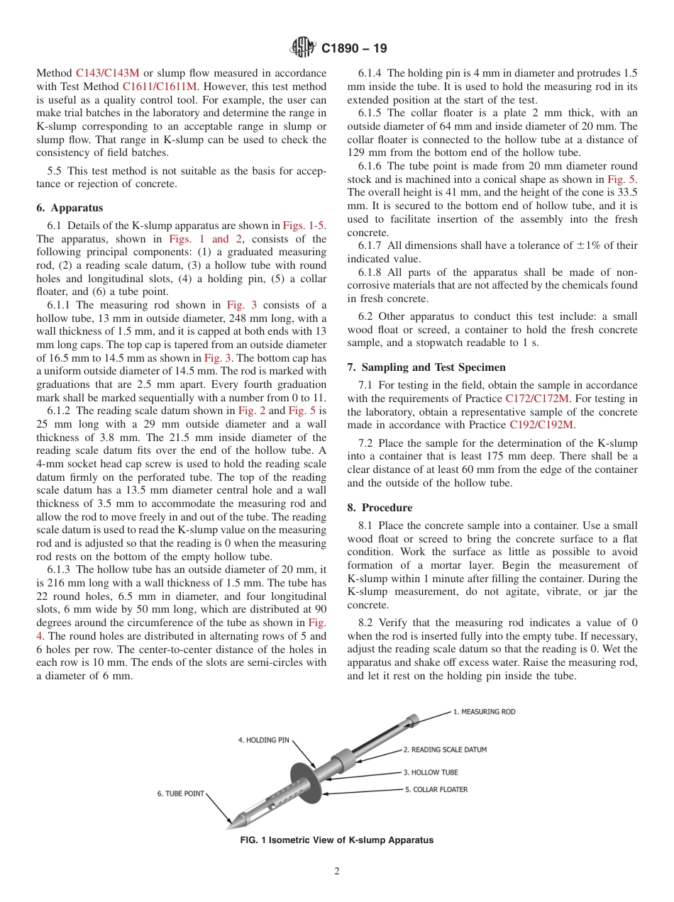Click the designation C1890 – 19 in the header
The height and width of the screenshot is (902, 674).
coord(354,49)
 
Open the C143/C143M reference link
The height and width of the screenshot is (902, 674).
coord(107,73)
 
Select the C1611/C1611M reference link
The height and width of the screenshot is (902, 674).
coord(160,86)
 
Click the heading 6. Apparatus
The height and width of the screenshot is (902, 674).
coord(69,208)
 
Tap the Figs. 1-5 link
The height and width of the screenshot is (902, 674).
coord(304,225)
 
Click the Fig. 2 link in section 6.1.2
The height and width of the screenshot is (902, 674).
coord(251,411)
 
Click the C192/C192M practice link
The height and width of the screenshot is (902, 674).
coord(541,425)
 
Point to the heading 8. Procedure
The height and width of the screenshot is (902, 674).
coord(379,508)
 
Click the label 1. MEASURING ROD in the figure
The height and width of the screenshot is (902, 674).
coord(484,712)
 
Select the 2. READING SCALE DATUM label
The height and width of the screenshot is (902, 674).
coord(445,749)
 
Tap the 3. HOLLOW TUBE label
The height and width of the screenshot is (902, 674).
coord(431,772)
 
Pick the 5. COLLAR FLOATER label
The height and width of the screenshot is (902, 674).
coord(436,789)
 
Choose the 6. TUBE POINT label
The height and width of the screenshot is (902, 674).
coord(181,794)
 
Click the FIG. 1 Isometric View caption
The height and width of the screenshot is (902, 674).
coord(337,840)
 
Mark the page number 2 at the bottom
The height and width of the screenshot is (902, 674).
coord(337,872)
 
